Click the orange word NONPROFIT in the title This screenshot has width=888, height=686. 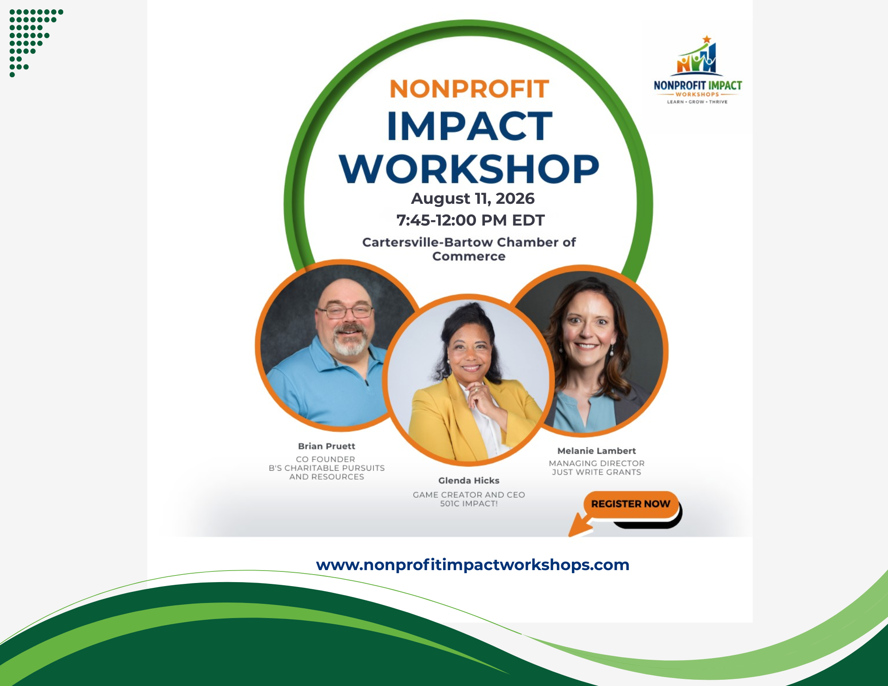469,89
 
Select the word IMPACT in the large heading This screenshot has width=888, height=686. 470,127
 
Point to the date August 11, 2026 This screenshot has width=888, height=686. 472,198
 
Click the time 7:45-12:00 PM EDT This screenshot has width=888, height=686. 470,220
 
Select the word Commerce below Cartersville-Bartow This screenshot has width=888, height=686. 469,257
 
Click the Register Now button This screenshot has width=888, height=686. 630,504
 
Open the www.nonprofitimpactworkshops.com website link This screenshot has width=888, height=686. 472,565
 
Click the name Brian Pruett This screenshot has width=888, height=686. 327,446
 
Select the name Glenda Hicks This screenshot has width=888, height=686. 469,480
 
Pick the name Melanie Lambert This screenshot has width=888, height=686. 597,451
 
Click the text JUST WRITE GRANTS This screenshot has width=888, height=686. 597,472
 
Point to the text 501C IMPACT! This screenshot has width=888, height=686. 469,504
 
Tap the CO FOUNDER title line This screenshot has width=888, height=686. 326,459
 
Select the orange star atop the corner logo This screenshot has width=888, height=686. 707,40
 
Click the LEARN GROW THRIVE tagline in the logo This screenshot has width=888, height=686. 697,102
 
